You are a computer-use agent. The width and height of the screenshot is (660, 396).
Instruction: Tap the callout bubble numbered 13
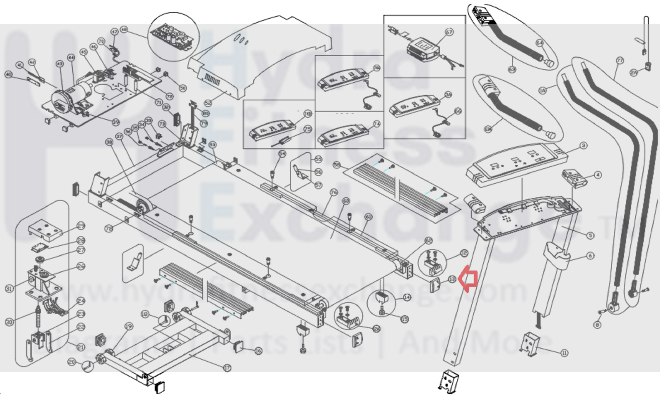coord(452,280)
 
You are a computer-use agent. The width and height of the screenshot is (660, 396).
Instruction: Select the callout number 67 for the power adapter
coord(449,32)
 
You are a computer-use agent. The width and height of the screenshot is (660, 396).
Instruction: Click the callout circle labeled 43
coord(60,64)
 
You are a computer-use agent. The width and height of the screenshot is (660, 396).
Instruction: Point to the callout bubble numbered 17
coord(227,368)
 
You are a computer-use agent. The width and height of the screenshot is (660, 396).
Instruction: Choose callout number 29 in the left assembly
coord(81,225)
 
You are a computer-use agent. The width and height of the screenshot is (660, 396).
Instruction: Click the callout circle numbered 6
coord(590,256)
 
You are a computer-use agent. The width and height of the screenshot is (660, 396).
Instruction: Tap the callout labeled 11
coord(564,353)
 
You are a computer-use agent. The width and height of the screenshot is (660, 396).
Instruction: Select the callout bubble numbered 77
coord(620,61)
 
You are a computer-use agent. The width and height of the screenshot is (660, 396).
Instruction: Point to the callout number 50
coord(182,88)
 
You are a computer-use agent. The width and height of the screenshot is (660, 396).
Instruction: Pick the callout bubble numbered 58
coord(336,165)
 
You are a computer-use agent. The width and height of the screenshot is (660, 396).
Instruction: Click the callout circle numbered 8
coord(597,325)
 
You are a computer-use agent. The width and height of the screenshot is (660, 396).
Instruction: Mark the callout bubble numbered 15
coord(405,319)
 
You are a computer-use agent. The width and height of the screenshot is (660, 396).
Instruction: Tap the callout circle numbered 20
coord(72,362)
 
